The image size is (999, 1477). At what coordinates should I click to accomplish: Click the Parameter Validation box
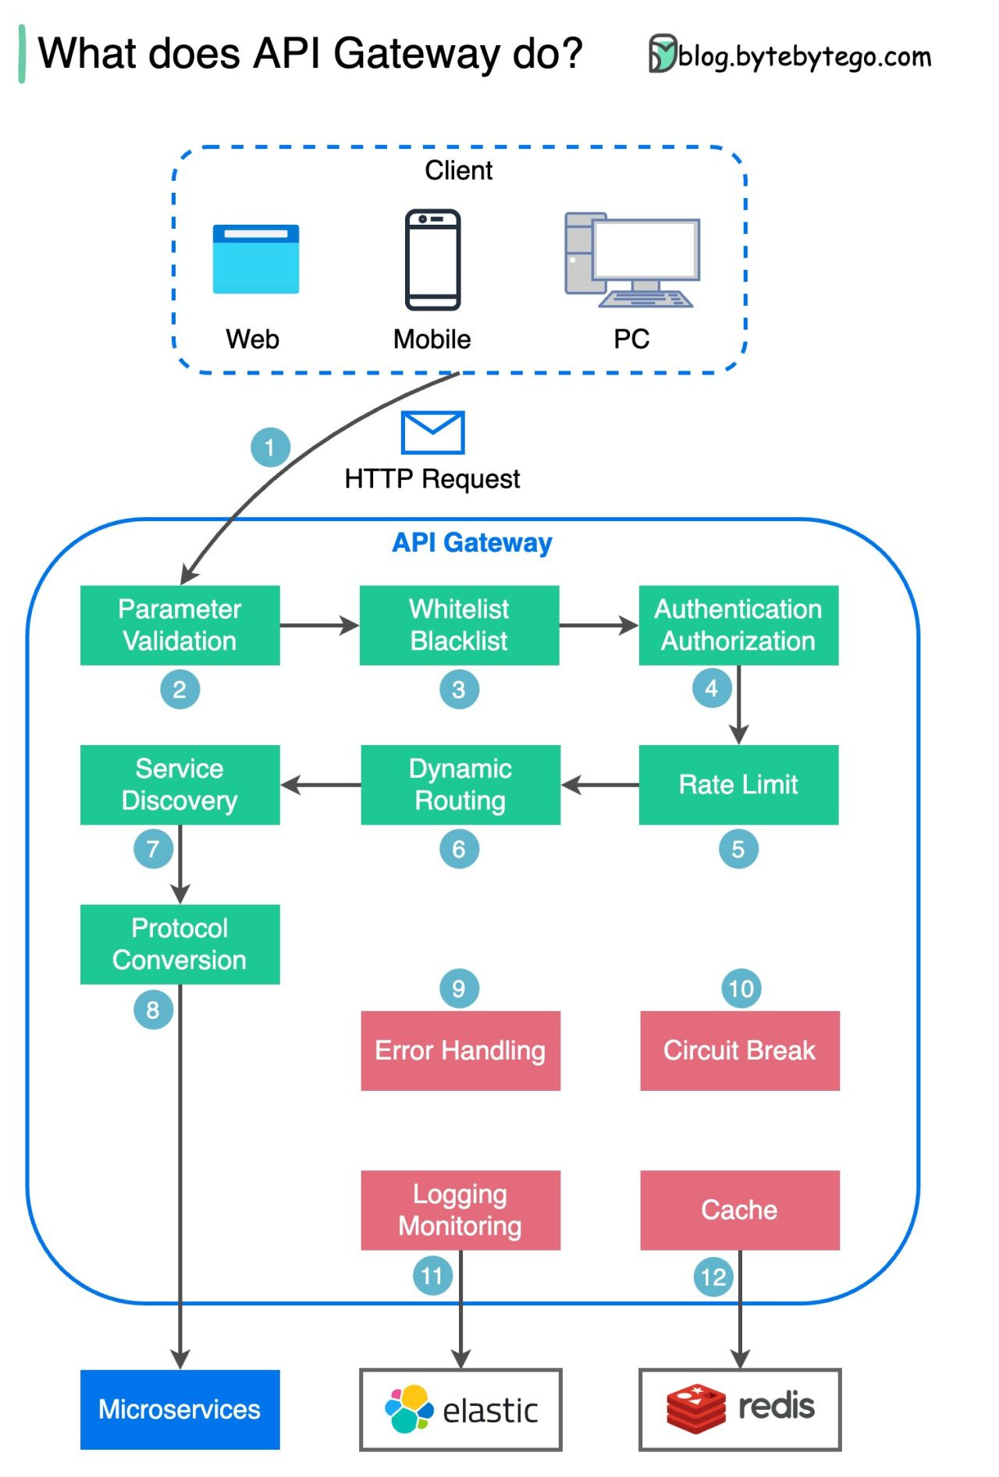coord(180,625)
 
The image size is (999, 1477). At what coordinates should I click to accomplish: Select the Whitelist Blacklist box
coord(459,625)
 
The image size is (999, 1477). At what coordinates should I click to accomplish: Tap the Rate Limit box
coord(738,784)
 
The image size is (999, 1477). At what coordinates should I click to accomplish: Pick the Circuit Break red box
coord(739,1050)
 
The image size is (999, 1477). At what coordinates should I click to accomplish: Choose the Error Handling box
coord(460,1050)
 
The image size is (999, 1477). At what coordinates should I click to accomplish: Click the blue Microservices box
coord(180,1409)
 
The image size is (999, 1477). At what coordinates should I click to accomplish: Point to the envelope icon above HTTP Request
coord(432,432)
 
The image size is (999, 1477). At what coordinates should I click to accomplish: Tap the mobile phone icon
coord(432,259)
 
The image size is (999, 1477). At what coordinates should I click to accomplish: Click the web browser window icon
coord(255,259)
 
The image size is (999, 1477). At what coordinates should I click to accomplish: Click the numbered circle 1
coord(270,447)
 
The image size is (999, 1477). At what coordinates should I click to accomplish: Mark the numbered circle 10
coord(740,989)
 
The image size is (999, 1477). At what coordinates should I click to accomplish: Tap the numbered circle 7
coord(153,849)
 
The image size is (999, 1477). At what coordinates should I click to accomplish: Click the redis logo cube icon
coord(695,1408)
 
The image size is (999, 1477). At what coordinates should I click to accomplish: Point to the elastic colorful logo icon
coord(408,1409)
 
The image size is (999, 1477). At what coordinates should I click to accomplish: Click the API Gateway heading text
coord(471,542)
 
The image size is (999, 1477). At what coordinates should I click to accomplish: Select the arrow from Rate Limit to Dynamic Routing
coord(599,784)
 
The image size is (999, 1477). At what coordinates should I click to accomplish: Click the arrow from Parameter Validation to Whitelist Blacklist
coord(318,625)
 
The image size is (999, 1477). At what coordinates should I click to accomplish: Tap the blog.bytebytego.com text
coord(804,56)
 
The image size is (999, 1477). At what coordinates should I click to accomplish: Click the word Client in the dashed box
coord(458,170)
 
